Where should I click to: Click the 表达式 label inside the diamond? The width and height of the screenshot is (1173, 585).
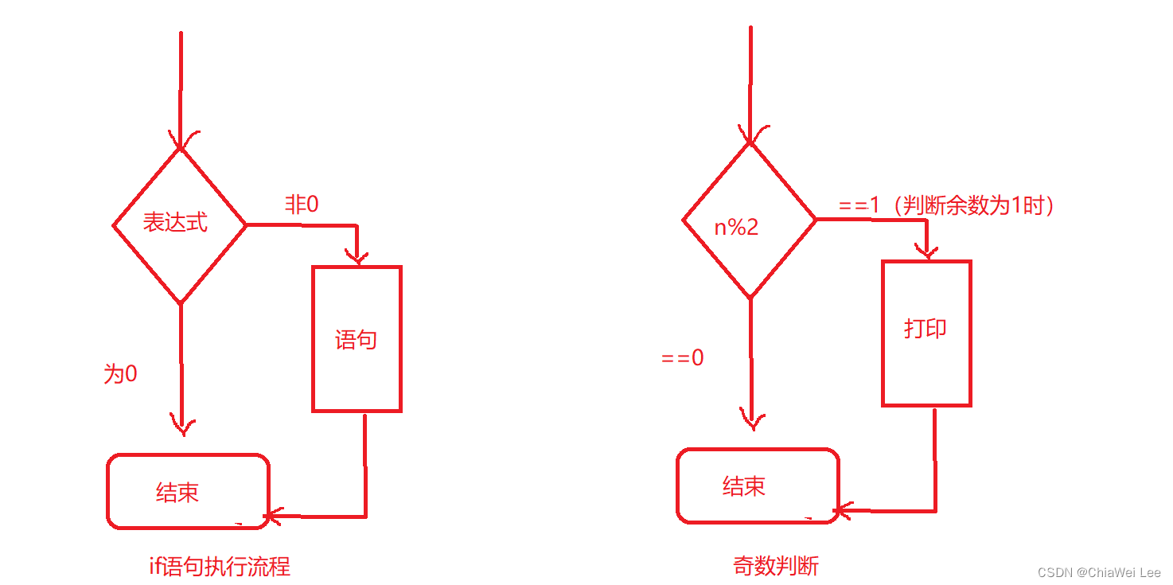(175, 223)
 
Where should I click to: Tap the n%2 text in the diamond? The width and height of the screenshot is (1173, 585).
(736, 228)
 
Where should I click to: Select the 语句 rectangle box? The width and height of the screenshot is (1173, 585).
(357, 339)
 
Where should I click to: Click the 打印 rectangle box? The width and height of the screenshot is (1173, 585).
(926, 333)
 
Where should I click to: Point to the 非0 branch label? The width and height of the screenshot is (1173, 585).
(302, 205)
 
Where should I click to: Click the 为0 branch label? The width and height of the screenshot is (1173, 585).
(120, 374)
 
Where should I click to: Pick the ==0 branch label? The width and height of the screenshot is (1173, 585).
(683, 358)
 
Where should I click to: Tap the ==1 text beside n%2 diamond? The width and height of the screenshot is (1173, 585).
(859, 205)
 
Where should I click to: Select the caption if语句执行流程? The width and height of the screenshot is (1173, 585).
(220, 567)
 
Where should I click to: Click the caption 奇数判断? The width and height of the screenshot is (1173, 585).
(776, 567)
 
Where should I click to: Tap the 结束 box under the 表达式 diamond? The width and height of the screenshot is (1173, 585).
(188, 491)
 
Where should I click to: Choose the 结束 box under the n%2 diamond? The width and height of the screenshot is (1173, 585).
(758, 486)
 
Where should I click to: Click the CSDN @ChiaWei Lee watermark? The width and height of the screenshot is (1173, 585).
(1099, 572)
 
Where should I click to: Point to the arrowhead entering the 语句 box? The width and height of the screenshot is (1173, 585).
(357, 256)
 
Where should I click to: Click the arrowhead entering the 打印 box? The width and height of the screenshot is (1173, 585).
(926, 252)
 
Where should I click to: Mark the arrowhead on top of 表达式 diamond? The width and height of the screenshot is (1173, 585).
(181, 140)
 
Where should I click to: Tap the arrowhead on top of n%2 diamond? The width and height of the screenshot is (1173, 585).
(750, 136)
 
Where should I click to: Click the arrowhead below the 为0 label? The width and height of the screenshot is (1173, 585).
(182, 427)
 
